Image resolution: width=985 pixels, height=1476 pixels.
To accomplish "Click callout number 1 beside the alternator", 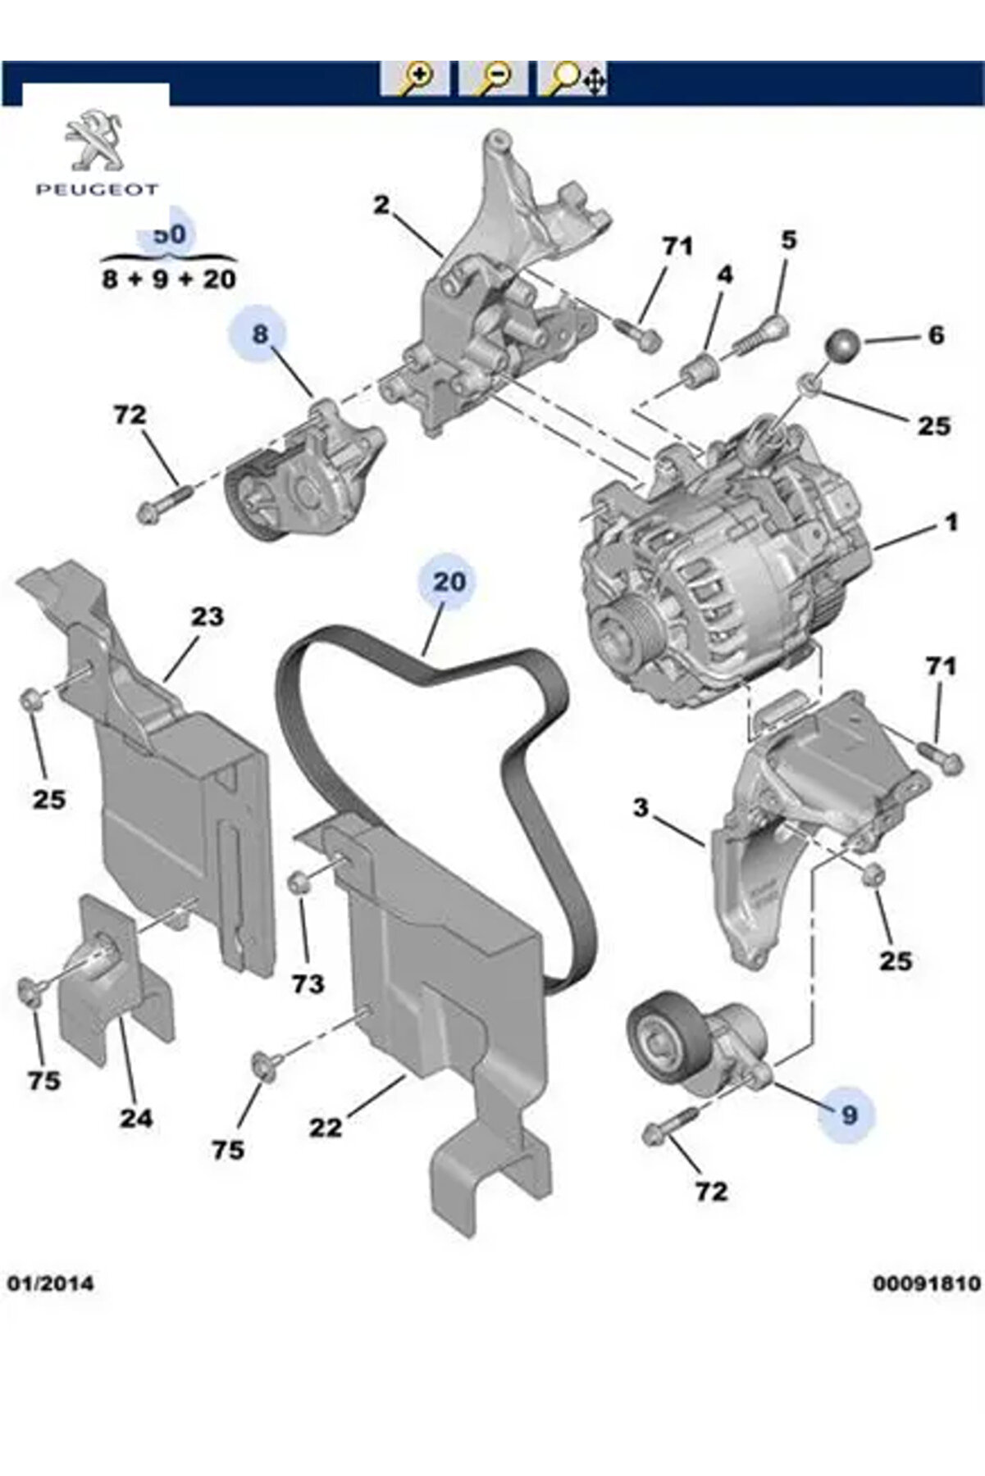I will tap(951, 522).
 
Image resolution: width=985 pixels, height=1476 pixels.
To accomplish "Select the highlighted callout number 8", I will tap(260, 334).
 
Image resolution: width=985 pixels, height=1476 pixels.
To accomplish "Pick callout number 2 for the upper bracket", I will tap(381, 205).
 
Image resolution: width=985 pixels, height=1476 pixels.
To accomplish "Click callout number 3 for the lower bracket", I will tap(641, 807).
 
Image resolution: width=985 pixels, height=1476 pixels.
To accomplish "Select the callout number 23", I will tap(207, 615).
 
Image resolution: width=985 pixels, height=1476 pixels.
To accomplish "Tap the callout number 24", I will tap(136, 1117).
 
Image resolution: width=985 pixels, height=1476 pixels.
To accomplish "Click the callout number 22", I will tap(326, 1128).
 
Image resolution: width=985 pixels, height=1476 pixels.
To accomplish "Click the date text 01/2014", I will tap(51, 1282).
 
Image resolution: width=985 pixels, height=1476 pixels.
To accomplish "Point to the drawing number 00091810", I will tap(926, 1282).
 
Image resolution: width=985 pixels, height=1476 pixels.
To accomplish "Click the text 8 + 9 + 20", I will tap(169, 279).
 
